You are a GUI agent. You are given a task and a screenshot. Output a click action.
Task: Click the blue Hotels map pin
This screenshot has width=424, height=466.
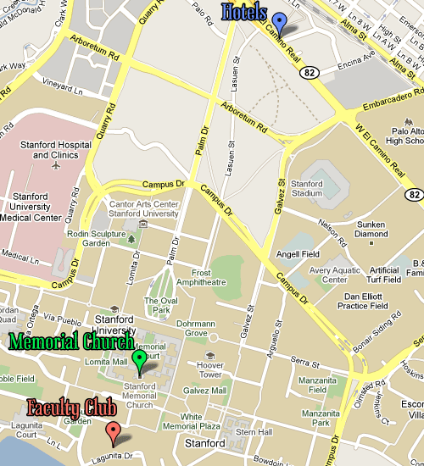click(279, 22)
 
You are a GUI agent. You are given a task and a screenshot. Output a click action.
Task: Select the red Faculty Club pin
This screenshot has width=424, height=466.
click(113, 433)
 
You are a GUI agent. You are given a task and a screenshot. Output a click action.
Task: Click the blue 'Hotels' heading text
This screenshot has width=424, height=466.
click(244, 12)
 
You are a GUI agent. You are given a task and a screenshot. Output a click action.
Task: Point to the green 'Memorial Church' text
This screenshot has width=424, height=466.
click(71, 342)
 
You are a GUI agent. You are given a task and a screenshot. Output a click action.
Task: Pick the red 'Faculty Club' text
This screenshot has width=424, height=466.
click(71, 408)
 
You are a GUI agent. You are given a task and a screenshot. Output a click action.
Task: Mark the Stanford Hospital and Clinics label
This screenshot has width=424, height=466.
click(62, 150)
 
